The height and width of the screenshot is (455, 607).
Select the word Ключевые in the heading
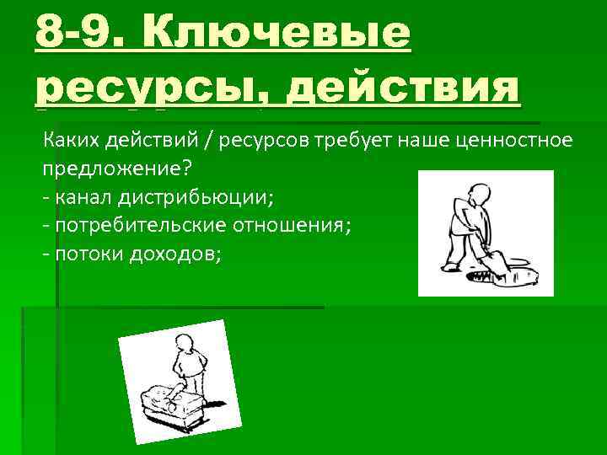[x=279, y=33]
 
